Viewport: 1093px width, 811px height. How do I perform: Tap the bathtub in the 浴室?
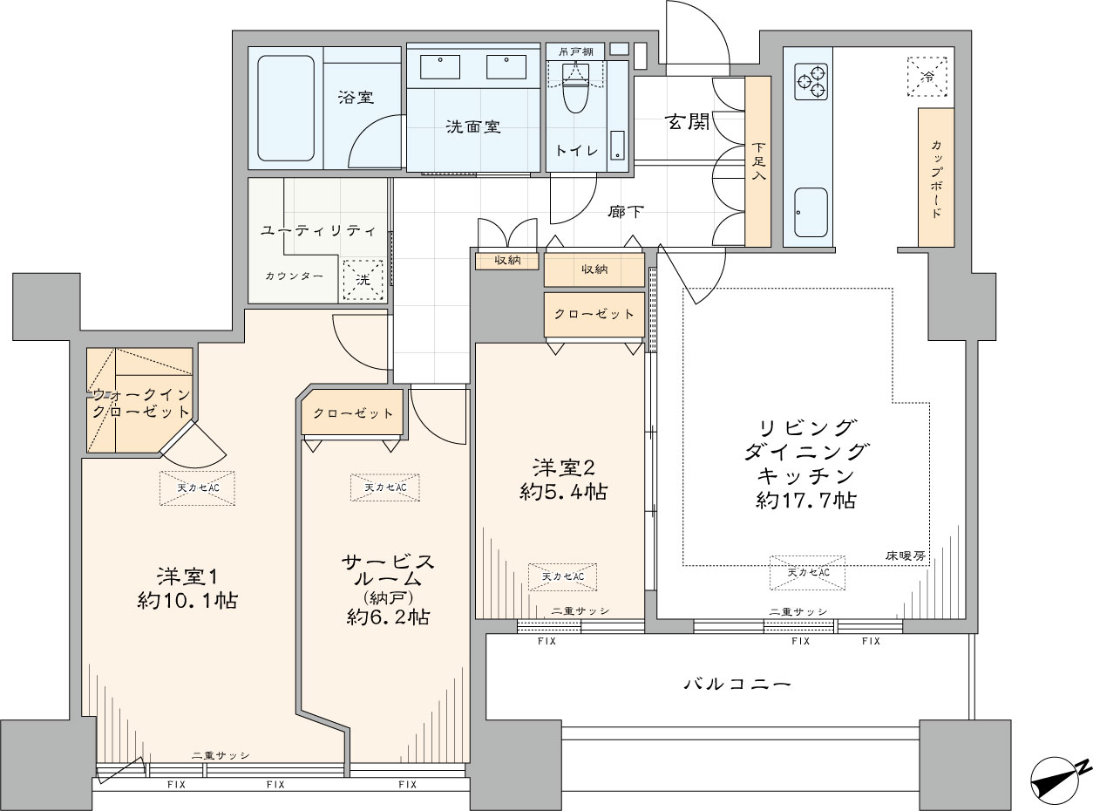(x=286, y=108)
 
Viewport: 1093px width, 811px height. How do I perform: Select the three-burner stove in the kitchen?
(x=811, y=81)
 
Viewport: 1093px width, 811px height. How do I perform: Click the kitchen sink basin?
(x=811, y=213)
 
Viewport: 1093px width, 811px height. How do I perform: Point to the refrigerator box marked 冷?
(x=927, y=77)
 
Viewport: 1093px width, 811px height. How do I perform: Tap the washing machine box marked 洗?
(x=363, y=280)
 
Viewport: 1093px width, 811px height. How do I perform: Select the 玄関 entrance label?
(x=688, y=122)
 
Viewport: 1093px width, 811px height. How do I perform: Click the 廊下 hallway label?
(x=625, y=212)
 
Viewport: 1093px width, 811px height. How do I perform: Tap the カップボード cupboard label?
(x=936, y=179)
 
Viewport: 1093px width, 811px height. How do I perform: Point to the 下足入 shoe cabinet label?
(x=758, y=160)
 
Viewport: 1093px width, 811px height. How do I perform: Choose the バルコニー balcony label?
(x=737, y=684)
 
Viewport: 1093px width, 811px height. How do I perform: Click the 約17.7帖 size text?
(x=806, y=501)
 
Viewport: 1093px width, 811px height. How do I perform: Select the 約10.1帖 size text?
(x=187, y=601)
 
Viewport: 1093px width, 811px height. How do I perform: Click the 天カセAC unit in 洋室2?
(x=562, y=576)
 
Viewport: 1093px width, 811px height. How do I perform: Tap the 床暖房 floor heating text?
(x=906, y=555)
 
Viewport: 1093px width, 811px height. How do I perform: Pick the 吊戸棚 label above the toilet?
(x=575, y=51)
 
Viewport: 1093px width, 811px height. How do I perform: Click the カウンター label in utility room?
(x=295, y=276)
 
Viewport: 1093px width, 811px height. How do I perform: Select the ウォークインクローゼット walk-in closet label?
(x=141, y=403)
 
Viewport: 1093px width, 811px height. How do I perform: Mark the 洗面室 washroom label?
(x=473, y=126)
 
